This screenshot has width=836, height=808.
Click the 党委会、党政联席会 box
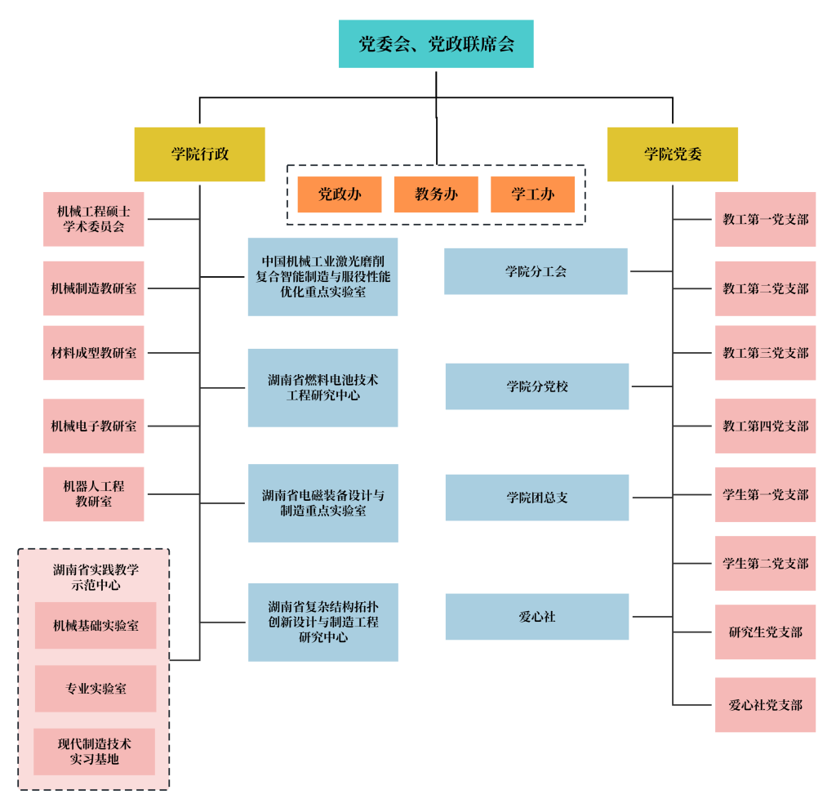coord(436,44)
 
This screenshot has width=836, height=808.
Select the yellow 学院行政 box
coord(200,154)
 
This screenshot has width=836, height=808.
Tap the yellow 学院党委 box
coord(672,154)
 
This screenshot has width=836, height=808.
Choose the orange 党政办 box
coord(340,194)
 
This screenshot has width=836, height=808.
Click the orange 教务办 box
coord(436,194)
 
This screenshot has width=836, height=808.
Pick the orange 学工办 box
coord(532,194)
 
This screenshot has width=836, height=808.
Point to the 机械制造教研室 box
coord(94,288)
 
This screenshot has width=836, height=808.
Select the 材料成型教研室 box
coord(94,353)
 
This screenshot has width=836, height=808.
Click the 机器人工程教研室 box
coord(94,494)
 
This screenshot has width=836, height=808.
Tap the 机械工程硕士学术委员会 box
coord(94,219)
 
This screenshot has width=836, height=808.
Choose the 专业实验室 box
coord(96,689)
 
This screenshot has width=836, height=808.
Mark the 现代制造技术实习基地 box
coord(95,752)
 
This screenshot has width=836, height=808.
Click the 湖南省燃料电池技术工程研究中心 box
coord(323,388)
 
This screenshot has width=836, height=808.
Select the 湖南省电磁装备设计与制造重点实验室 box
coord(323,503)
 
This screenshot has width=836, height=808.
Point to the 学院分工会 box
coord(536,272)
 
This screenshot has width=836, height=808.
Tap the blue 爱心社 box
coord(537,617)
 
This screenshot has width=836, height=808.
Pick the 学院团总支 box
coord(537,498)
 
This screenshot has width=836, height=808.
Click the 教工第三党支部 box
coord(765,353)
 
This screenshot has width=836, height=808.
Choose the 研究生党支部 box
coord(765,632)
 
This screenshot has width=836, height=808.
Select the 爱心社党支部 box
coord(765,705)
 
